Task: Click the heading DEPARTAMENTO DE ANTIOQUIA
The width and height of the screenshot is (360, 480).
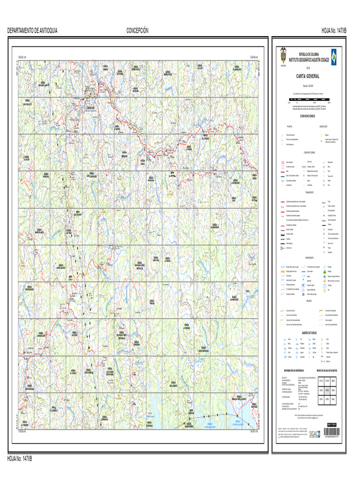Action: click(32, 30)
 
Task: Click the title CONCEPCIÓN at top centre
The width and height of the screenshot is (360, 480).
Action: click(137, 30)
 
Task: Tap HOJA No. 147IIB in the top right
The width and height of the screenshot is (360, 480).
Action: click(334, 30)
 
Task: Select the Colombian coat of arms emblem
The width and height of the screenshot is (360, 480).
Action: click(283, 52)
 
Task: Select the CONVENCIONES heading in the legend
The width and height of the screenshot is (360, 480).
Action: click(307, 115)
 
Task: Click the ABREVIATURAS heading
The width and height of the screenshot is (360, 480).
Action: click(307, 332)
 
